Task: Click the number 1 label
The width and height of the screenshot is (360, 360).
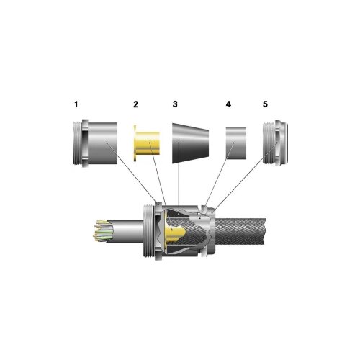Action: tap(76, 104)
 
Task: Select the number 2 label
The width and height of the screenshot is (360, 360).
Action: tap(135, 104)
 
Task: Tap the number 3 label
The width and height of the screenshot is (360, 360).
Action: tap(175, 104)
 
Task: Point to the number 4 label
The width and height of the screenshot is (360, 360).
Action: tap(228, 104)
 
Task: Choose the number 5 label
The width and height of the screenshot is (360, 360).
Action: tap(265, 104)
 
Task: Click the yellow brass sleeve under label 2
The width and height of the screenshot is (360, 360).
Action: tap(147, 143)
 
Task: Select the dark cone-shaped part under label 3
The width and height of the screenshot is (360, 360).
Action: tap(190, 143)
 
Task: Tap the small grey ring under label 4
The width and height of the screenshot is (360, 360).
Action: tap(236, 143)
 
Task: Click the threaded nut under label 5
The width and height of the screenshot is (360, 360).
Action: tap(275, 143)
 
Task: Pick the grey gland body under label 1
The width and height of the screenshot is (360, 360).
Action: tap(95, 143)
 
